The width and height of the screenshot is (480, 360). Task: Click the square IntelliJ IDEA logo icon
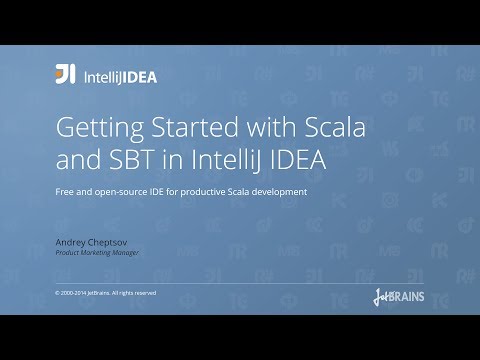point(65,74)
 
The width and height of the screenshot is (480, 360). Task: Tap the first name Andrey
point(72,240)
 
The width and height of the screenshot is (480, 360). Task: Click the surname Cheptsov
point(112,240)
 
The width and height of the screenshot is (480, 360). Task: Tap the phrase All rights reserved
point(135,292)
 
